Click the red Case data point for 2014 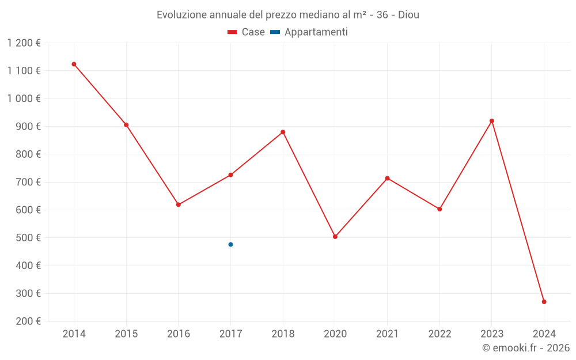pyautogui.click(x=74, y=64)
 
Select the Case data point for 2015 pyautogui.click(x=126, y=124)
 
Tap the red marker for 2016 pyautogui.click(x=179, y=204)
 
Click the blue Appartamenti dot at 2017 pyautogui.click(x=230, y=244)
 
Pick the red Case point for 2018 pyautogui.click(x=283, y=132)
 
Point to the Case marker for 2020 pyautogui.click(x=335, y=237)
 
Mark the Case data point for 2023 pyautogui.click(x=492, y=121)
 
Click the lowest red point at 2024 pyautogui.click(x=544, y=302)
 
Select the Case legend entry pyautogui.click(x=246, y=32)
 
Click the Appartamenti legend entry pyautogui.click(x=309, y=32)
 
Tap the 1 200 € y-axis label pyautogui.click(x=24, y=43)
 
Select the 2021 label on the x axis pyautogui.click(x=387, y=334)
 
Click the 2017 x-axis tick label pyautogui.click(x=230, y=334)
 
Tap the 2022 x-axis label pyautogui.click(x=439, y=334)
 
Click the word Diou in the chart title pyautogui.click(x=408, y=15)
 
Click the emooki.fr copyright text pyautogui.click(x=526, y=348)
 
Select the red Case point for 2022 pyautogui.click(x=439, y=209)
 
